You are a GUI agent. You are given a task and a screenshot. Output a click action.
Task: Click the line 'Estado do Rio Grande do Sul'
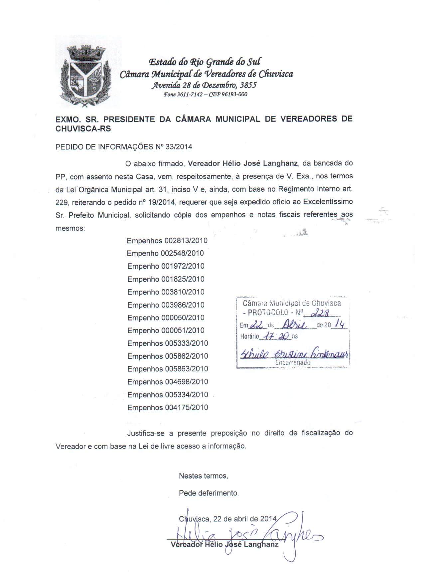[x=204, y=62]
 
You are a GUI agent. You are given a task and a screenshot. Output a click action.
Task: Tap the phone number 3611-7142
[x=190, y=95]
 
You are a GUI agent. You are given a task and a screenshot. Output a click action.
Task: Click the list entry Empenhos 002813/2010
[x=167, y=241]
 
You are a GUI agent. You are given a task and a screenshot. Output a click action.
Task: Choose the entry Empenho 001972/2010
[x=166, y=266]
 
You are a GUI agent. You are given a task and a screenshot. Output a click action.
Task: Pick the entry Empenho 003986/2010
[x=166, y=305]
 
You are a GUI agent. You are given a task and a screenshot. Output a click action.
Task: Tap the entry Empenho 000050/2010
[x=166, y=318]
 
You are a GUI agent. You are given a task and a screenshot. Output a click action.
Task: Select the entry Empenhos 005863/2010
[x=167, y=369]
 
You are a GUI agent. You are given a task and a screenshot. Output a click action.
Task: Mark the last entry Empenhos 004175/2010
[x=167, y=408]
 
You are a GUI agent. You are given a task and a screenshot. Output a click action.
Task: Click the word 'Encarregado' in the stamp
[x=293, y=363]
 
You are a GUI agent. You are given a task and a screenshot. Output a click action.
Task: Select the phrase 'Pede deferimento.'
[x=209, y=493]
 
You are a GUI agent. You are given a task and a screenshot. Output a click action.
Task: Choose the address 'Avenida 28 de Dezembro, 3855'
[x=204, y=86]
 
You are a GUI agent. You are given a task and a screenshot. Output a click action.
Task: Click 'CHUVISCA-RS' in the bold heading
[x=83, y=129]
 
